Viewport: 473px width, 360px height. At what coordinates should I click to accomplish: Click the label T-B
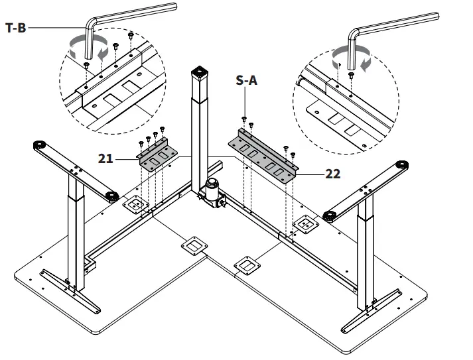[x=15, y=29]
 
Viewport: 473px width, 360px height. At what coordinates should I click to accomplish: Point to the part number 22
[x=334, y=175]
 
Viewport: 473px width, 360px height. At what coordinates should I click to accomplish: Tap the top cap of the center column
[x=199, y=72]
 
